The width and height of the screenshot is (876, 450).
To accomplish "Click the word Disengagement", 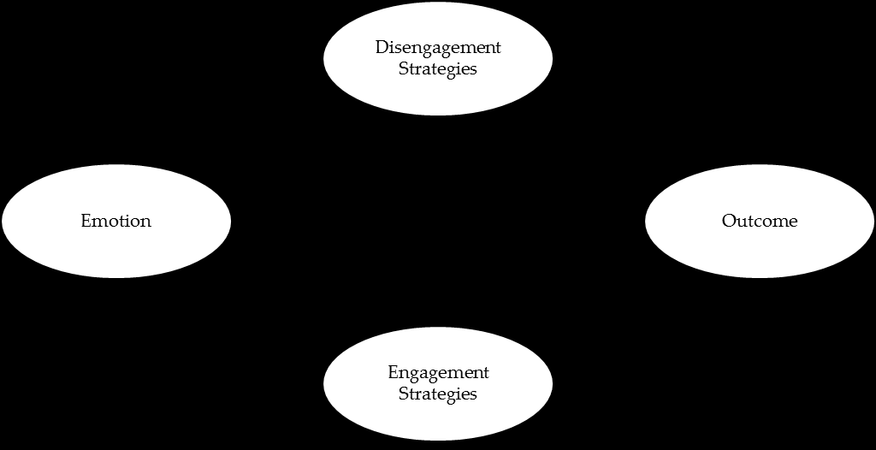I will pos(438,48).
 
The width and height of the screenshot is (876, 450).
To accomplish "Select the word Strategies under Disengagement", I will pos(438,69).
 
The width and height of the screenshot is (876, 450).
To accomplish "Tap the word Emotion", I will pos(116,221).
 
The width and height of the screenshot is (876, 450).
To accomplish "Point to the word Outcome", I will pos(760,221).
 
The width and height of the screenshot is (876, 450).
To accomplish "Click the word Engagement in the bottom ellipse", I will pos(438,373).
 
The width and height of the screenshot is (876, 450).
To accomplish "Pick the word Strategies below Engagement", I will pos(438,394).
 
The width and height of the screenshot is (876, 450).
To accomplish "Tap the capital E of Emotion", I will pos(86,221).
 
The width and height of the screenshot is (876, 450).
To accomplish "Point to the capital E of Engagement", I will pos(393,372).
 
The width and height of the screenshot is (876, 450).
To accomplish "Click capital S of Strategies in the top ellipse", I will pos(403,68).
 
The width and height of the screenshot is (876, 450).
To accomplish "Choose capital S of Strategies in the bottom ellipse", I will pos(403,394).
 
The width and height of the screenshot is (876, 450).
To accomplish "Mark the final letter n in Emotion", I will pos(146,222).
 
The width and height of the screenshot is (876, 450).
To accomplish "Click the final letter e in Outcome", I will pos(793,222).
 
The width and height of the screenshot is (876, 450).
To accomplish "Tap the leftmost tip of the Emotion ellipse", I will pos(3,221).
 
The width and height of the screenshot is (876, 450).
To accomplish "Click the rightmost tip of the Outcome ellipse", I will pos(873,221).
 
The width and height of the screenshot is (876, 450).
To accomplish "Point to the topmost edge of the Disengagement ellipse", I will pos(438,3).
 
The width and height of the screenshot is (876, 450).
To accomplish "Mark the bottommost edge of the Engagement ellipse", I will pos(438,440).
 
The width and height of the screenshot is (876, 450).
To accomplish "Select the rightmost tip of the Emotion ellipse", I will pos(230,221).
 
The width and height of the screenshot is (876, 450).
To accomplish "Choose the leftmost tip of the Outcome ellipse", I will pos(645,221).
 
